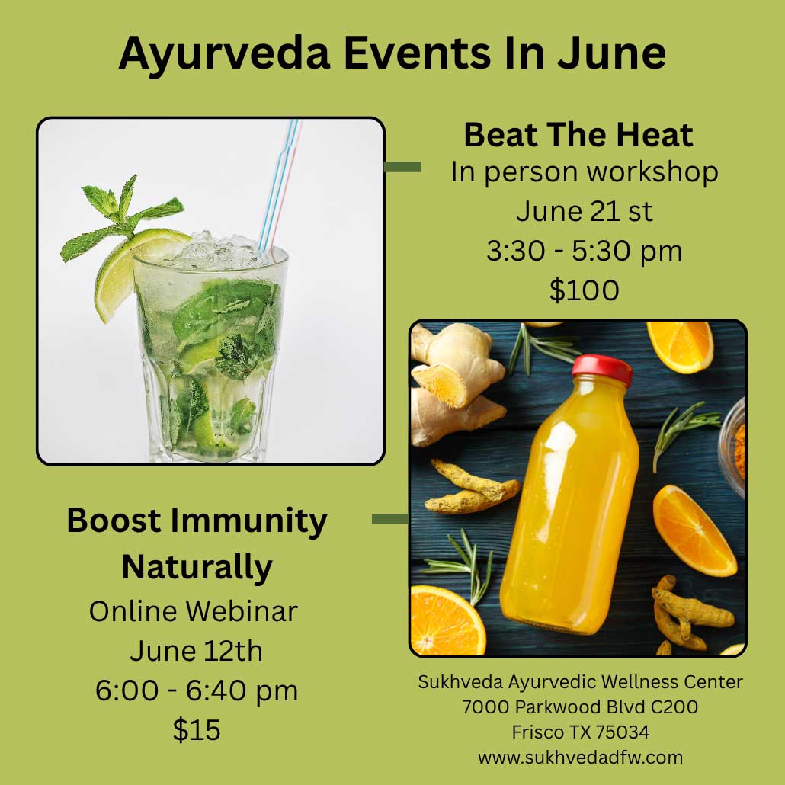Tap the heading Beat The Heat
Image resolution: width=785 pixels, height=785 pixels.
(x=578, y=135)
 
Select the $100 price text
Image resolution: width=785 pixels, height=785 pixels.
(x=585, y=290)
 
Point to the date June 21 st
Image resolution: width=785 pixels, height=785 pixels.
(x=585, y=211)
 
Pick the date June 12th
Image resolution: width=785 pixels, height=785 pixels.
(x=197, y=651)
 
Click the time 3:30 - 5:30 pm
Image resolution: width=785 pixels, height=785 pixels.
(x=585, y=251)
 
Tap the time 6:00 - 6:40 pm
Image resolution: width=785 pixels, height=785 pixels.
(x=197, y=690)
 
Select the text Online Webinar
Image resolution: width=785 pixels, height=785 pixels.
(x=194, y=611)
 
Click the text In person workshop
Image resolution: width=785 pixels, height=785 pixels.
(x=585, y=172)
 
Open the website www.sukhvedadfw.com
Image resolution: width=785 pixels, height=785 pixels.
(x=580, y=758)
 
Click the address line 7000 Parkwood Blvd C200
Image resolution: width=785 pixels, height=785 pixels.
(x=580, y=707)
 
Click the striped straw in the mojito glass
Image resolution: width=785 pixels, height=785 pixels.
(x=280, y=184)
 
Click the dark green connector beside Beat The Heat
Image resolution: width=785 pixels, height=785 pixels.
(x=402, y=167)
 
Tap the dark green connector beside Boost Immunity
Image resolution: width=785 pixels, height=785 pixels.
(x=390, y=519)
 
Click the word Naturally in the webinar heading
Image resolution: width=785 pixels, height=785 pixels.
(x=197, y=568)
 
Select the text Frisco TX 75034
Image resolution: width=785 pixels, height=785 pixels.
(x=580, y=732)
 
